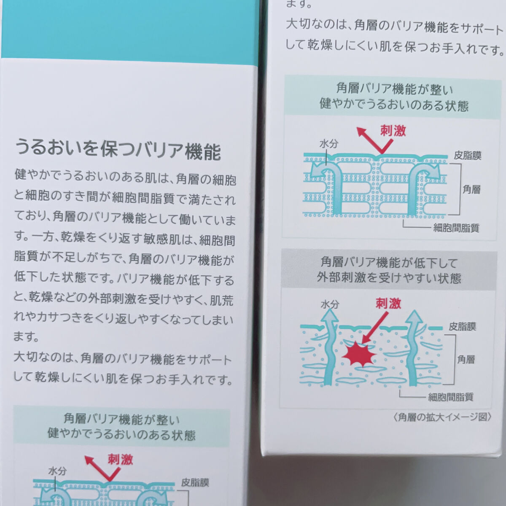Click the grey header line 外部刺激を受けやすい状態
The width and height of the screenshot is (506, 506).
coord(389,278)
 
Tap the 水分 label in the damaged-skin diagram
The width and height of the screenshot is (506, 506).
coord(330,304)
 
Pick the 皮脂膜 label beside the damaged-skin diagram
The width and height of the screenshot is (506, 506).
coord(462,327)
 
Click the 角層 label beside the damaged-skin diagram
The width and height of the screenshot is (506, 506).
coord(466,359)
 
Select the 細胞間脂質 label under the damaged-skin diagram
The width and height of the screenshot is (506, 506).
coord(451,397)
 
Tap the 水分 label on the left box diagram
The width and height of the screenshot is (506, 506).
coord(57,471)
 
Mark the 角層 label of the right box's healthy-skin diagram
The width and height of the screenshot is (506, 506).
coord(471,189)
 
